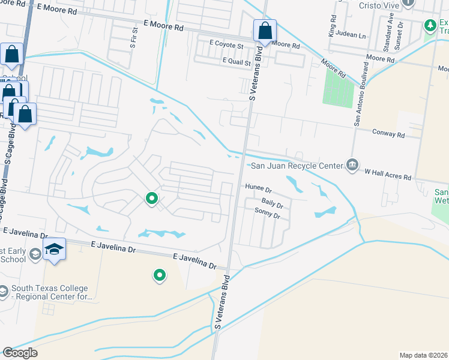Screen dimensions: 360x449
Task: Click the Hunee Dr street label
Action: [x=259, y=187]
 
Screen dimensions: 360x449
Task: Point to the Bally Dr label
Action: [x=272, y=204]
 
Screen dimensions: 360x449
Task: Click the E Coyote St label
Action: [x=226, y=45]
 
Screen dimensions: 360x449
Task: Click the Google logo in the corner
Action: [x=19, y=353]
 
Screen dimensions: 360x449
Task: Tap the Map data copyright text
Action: [x=424, y=355]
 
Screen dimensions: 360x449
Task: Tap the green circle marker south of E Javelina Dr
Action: [x=160, y=275]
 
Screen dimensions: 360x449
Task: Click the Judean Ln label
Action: [x=353, y=35]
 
